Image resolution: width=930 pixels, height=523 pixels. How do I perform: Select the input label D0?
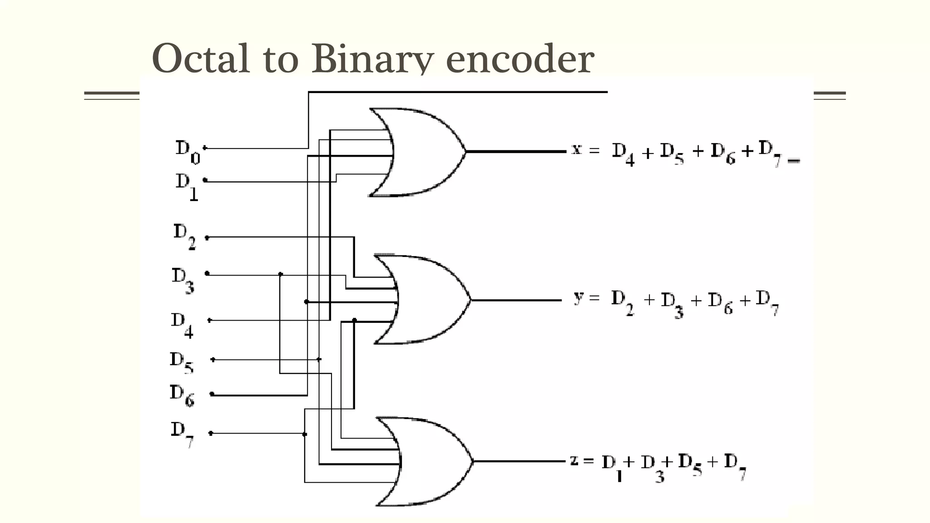coord(187,152)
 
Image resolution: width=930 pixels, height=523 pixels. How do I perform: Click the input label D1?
coord(187,186)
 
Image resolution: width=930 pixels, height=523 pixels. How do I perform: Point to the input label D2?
coord(184,236)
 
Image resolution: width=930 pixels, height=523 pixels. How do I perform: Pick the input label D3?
coord(183,280)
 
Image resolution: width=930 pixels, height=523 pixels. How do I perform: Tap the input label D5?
coord(181,362)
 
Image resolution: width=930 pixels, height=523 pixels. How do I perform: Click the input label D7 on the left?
coord(182,433)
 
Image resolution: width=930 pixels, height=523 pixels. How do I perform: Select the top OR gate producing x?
coord(420,152)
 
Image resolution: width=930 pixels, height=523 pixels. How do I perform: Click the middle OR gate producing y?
coord(425,300)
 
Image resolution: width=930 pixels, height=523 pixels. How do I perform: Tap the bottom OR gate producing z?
coord(427,461)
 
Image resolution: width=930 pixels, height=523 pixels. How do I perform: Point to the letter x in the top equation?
coord(576,149)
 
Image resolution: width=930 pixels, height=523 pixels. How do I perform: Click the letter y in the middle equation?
coord(578,298)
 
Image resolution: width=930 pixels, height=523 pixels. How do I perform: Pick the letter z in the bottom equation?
coord(574,460)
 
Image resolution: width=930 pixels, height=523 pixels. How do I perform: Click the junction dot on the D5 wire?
coord(319,359)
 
